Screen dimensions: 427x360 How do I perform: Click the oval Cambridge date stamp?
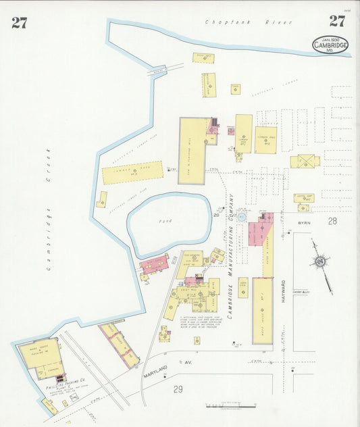click(330, 45)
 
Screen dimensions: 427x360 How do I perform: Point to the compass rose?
click(321, 261)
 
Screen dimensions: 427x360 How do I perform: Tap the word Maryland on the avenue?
click(155, 372)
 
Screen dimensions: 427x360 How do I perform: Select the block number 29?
click(178, 389)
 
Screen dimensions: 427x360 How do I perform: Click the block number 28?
click(332, 221)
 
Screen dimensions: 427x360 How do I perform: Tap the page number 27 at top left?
click(19, 22)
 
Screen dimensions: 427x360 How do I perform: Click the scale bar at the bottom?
click(230, 405)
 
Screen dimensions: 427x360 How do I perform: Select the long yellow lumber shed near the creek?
click(132, 172)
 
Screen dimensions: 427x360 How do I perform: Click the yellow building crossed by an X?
click(305, 161)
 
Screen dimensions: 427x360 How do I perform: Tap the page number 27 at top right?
click(337, 21)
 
